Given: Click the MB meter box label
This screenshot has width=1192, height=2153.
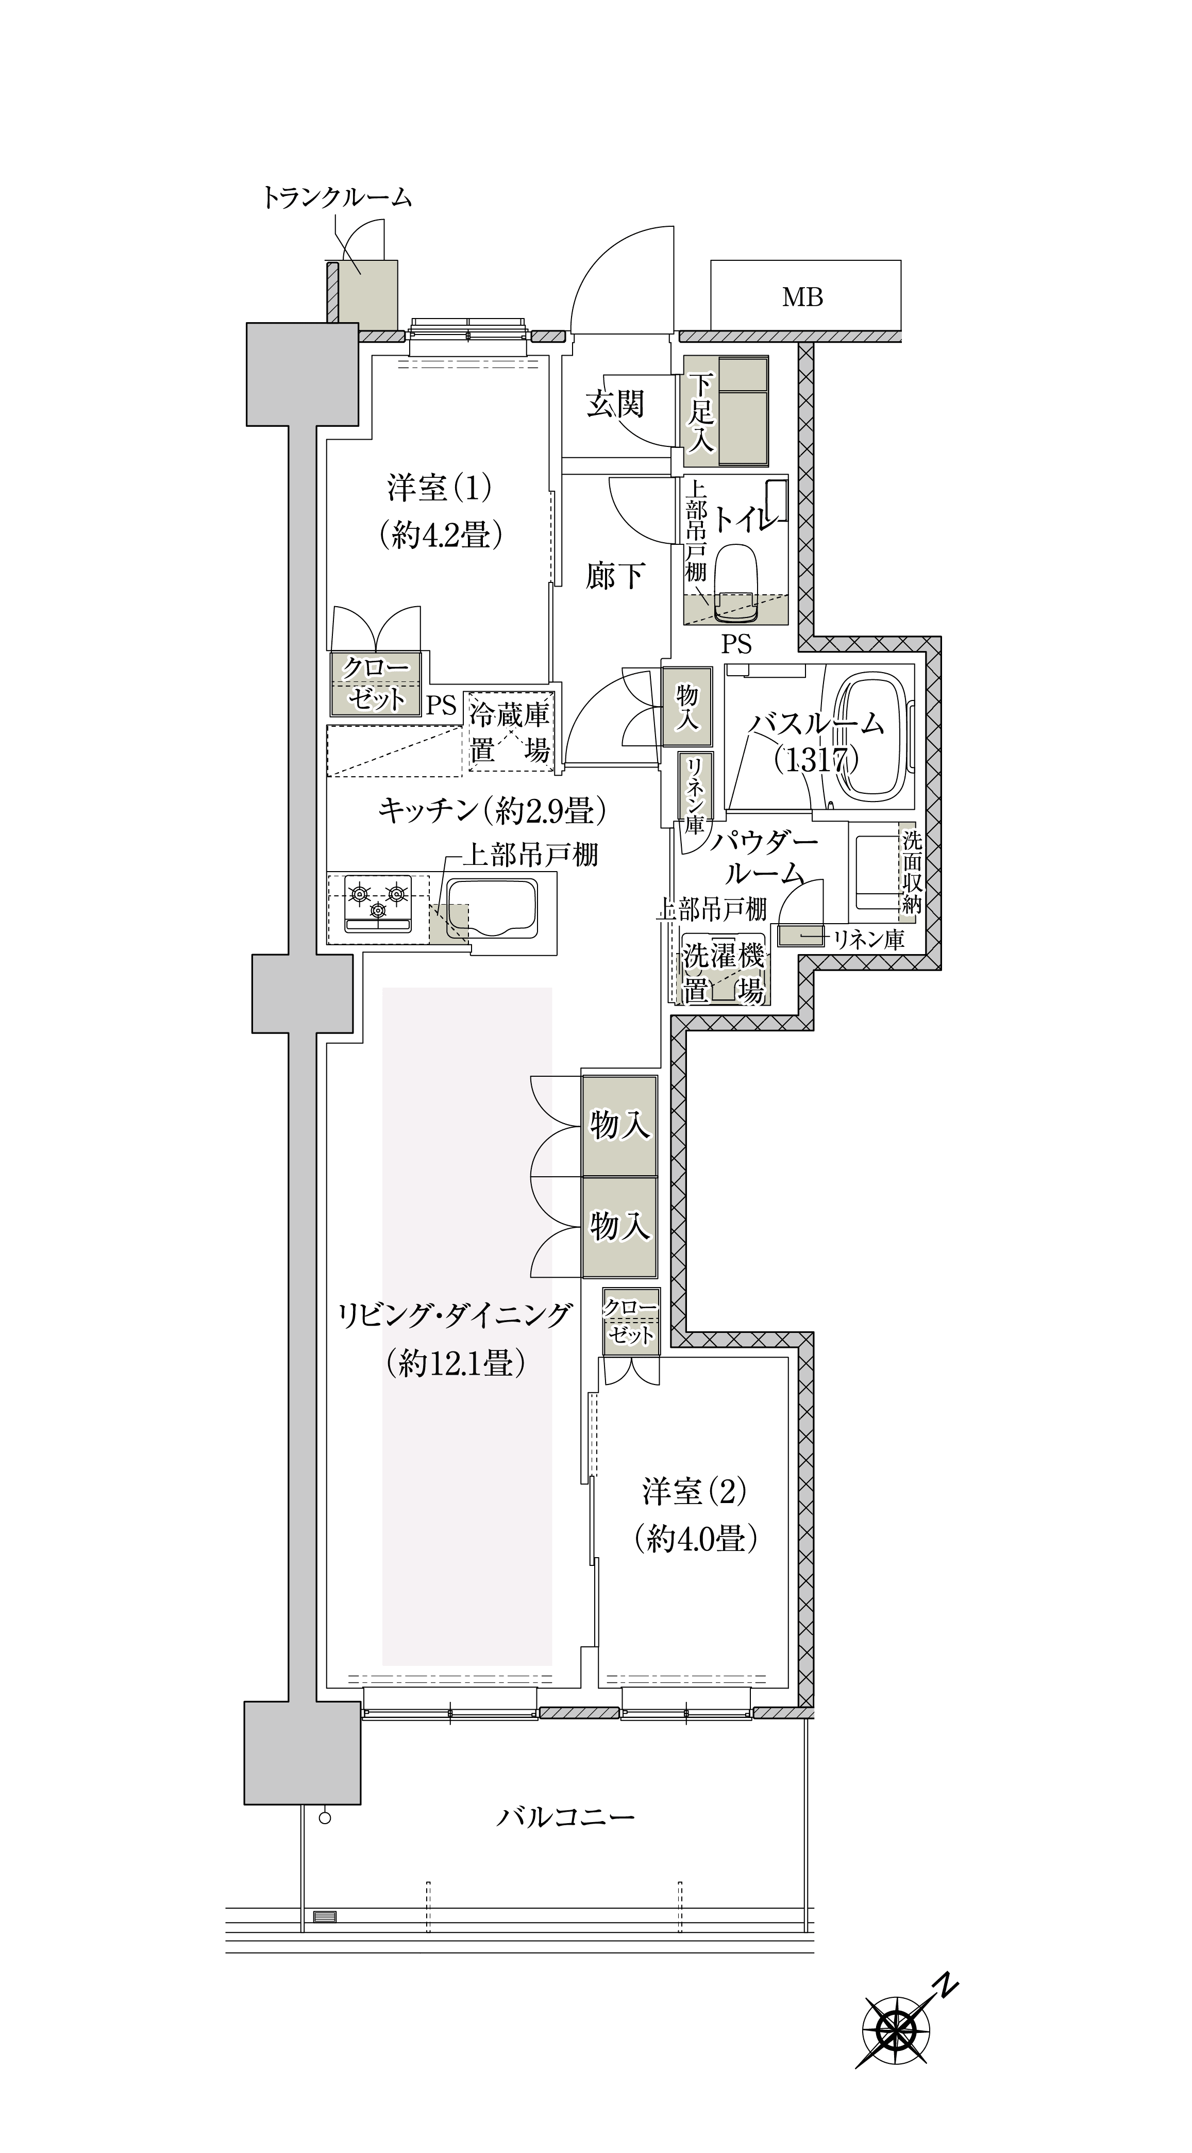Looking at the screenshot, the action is coord(802,297).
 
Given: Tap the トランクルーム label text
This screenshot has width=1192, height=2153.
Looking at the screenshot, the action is coord(338,198).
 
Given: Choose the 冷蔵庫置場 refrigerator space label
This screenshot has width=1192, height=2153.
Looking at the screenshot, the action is coord(509,732).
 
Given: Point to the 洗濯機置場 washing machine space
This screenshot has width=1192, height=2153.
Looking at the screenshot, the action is coord(724,972).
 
